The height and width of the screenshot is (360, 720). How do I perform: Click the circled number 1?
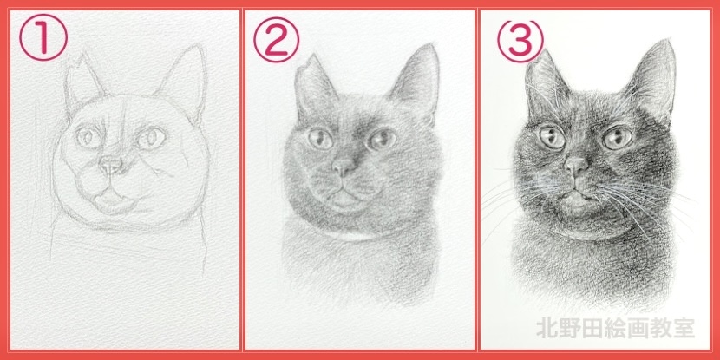(43, 37)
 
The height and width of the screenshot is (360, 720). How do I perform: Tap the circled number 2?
(277, 40)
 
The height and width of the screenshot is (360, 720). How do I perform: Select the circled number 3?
(520, 41)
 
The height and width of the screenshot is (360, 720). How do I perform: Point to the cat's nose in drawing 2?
(344, 167)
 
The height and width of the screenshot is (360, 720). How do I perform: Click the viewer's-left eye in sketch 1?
(88, 137)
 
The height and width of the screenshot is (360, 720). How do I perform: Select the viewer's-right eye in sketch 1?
(151, 138)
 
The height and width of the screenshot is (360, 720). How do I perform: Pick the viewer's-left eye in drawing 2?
(320, 139)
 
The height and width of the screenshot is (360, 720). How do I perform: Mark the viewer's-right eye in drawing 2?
(382, 139)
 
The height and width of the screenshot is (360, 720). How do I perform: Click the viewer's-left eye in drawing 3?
(553, 137)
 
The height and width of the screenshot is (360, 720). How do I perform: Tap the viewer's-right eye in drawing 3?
(617, 138)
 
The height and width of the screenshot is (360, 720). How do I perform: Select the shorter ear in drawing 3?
(544, 87)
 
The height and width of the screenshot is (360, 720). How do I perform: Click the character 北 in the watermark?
(547, 329)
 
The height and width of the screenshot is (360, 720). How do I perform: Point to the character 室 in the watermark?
(684, 329)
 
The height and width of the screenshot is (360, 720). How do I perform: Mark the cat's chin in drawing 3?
(576, 202)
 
